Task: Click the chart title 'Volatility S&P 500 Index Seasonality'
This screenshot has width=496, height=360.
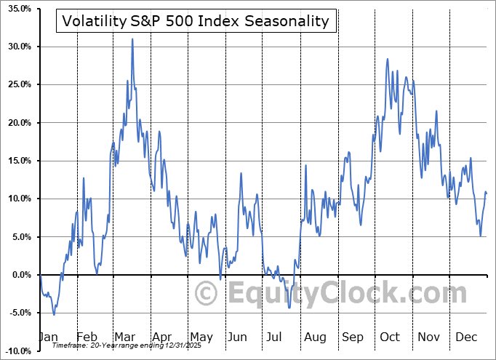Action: [x=196, y=21]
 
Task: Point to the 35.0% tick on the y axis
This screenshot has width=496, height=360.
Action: [x=16, y=9]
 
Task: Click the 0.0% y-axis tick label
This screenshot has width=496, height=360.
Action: [x=18, y=275]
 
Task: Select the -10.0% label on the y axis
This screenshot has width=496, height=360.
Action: [x=16, y=351]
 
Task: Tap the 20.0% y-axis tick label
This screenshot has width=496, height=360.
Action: [x=16, y=123]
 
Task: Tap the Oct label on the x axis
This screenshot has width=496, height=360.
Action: [x=390, y=337]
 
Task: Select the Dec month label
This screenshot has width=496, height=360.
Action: [x=466, y=337]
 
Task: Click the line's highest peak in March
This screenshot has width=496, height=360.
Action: [x=132, y=39]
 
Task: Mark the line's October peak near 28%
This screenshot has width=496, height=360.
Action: [x=388, y=59]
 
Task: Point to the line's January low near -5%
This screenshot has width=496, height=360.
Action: [x=54, y=314]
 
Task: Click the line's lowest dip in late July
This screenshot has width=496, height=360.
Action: [x=289, y=308]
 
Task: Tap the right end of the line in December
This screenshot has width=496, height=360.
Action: [x=487, y=193]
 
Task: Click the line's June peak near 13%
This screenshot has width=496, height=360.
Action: [x=241, y=173]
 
